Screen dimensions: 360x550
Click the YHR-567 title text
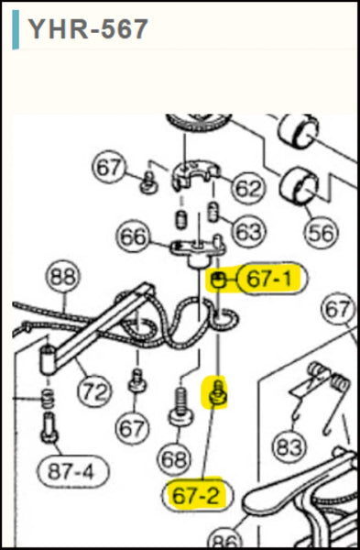[x=88, y=29]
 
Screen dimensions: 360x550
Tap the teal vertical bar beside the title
[x=16, y=29]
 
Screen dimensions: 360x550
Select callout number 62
[x=248, y=188]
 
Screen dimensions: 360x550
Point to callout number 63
[x=249, y=232]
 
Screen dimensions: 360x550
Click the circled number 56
[x=322, y=233]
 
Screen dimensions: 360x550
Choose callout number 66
[x=133, y=236]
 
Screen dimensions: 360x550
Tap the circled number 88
[x=62, y=277]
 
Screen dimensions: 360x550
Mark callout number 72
[x=94, y=391]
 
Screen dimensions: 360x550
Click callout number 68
[x=173, y=459]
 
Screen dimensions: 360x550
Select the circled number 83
[x=289, y=447]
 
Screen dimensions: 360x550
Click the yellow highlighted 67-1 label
[x=270, y=279]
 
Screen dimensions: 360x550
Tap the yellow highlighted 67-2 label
[x=196, y=495]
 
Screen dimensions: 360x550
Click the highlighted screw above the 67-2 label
[x=217, y=394]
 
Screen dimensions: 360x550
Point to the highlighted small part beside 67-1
[x=219, y=280]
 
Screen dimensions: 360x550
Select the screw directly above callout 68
[x=180, y=405]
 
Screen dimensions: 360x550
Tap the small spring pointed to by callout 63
[x=213, y=213]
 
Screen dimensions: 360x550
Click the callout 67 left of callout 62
[x=109, y=168]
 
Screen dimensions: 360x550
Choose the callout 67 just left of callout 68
[x=132, y=428]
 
